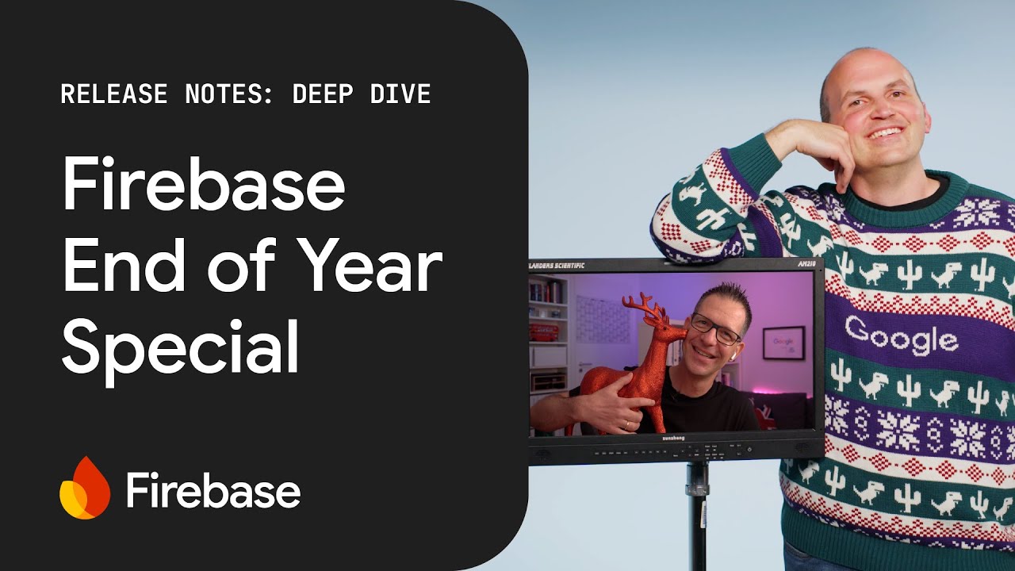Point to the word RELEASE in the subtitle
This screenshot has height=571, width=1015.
coord(114,94)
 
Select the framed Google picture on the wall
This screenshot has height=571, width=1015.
coord(783,342)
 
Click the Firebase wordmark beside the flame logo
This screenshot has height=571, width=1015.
coord(213,491)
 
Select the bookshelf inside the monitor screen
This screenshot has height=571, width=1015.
coord(548,333)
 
